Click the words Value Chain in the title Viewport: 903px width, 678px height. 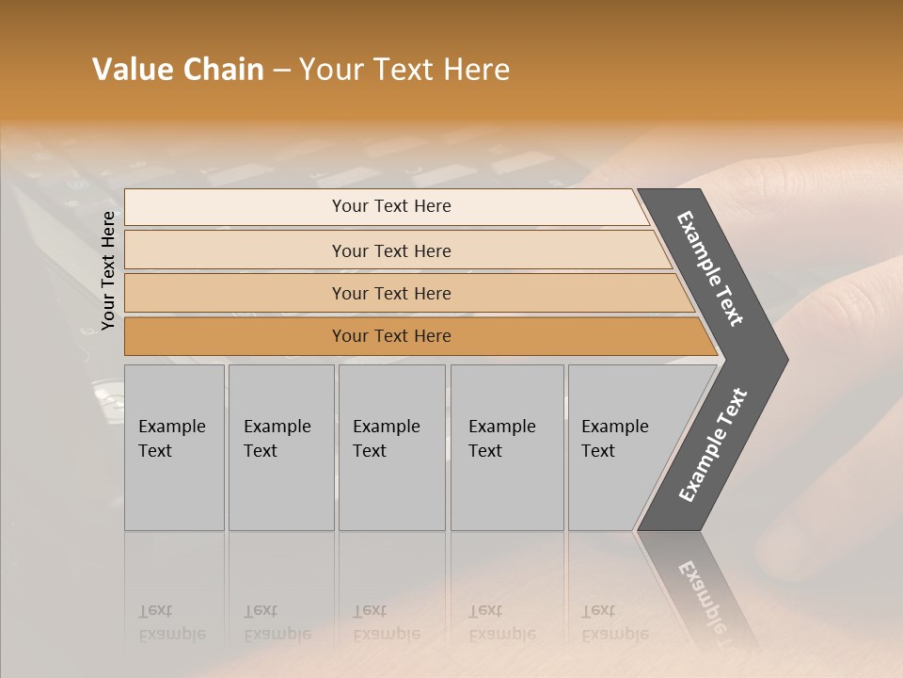[x=178, y=70]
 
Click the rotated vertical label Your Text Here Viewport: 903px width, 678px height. [x=108, y=271]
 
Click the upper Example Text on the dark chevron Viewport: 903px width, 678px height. [x=710, y=268]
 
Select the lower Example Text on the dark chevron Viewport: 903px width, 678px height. [x=713, y=445]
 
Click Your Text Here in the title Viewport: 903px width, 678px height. [x=404, y=70]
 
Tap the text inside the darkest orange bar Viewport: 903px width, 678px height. [x=391, y=336]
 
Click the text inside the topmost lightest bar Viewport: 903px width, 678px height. [x=391, y=206]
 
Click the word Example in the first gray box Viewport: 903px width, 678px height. [x=171, y=427]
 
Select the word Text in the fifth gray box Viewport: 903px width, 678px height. [x=598, y=451]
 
